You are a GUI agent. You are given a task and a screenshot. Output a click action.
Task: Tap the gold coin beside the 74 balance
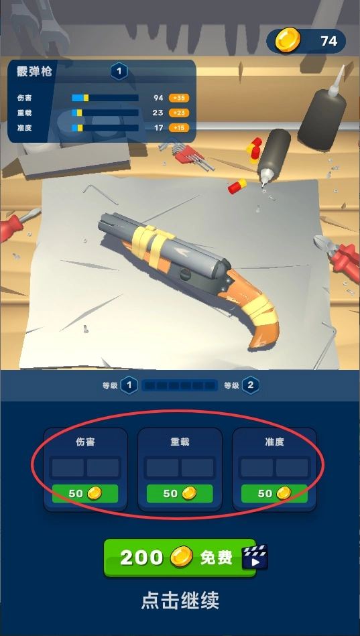point(288,40)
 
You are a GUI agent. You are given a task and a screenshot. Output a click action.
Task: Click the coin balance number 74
point(328,41)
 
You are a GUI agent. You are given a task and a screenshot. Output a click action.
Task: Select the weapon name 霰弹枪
point(34,72)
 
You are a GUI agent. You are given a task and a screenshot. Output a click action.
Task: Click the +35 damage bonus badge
point(179,98)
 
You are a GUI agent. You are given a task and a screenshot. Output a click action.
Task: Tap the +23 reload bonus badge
point(179,113)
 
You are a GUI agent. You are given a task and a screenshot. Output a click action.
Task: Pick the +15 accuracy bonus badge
point(179,128)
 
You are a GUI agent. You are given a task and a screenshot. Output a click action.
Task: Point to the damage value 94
point(158,98)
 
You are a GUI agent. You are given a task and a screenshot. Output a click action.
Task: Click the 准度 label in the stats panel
point(24,128)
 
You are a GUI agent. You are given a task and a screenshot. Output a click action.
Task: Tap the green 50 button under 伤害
point(85,493)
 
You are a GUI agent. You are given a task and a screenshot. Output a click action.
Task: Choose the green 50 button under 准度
point(274,493)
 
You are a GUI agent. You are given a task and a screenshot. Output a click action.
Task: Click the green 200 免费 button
point(180,558)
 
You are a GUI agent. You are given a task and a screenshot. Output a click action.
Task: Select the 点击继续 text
point(180,600)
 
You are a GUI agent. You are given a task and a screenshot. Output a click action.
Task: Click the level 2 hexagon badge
point(251,385)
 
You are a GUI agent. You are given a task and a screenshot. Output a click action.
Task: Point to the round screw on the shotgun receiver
point(185,275)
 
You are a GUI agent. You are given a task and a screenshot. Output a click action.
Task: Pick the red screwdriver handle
point(10,228)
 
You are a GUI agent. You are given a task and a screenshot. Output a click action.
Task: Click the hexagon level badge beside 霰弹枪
point(119,72)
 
